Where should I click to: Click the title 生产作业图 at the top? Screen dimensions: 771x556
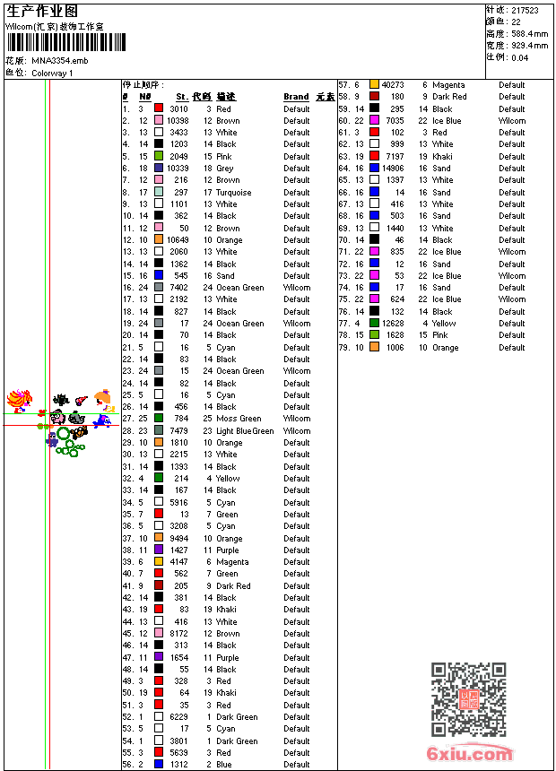(42, 11)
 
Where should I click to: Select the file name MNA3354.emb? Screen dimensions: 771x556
(60, 60)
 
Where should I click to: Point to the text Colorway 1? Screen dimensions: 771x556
(52, 73)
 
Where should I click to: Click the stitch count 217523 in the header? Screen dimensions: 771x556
(525, 11)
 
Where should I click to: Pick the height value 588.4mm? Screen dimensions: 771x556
(530, 33)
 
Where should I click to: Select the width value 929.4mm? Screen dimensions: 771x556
(530, 45)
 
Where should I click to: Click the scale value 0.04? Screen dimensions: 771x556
(519, 56)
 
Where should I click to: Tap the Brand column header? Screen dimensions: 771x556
(296, 97)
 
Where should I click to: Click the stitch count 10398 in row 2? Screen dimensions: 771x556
(178, 120)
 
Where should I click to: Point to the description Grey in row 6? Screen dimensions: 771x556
(224, 168)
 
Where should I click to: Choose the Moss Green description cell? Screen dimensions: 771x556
(239, 419)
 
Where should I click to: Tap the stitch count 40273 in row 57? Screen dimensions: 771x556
(393, 85)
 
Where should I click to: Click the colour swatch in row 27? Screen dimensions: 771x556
(159, 419)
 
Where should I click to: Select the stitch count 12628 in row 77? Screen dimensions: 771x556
(393, 323)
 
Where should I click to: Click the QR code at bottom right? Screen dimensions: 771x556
(468, 699)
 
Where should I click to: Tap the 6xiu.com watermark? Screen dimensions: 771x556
(470, 754)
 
